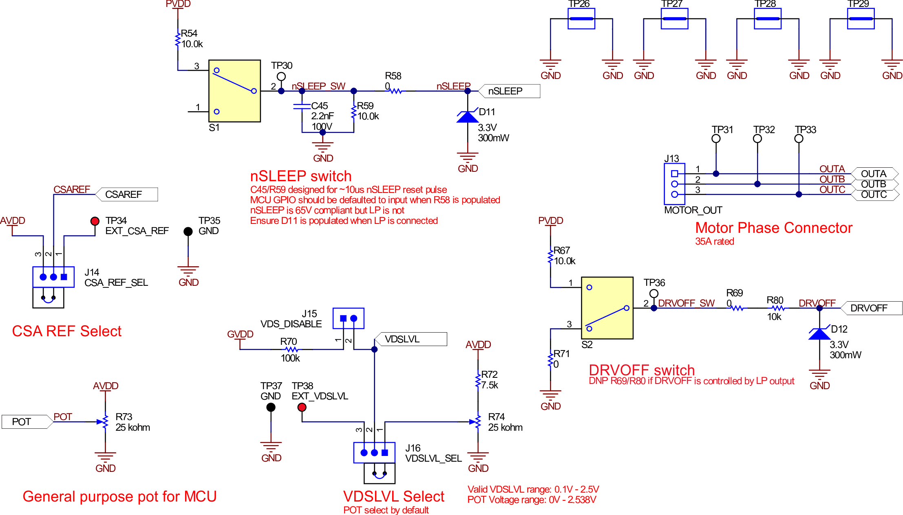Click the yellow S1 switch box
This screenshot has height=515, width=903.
coord(234,91)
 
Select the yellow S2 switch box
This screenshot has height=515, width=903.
coord(607,308)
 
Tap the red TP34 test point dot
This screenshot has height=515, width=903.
coord(95,221)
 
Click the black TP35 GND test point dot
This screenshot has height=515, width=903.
coord(188,231)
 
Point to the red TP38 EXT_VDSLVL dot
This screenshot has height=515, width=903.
coord(302,407)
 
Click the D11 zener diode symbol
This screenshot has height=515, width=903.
coord(468,117)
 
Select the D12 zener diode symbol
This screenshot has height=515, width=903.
coord(819,334)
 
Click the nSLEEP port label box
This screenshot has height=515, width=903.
coord(510,91)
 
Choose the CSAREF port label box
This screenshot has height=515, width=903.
coord(127,195)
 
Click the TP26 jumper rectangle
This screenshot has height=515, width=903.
coord(581,19)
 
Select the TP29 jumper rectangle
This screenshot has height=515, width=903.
coord(861,19)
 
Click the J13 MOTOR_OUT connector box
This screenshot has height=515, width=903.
coord(674,184)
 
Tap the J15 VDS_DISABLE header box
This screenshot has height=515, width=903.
coord(348,318)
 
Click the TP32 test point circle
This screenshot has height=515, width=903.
coord(757,139)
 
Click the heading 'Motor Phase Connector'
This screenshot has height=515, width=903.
coord(773,228)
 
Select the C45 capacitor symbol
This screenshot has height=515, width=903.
coord(302,107)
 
